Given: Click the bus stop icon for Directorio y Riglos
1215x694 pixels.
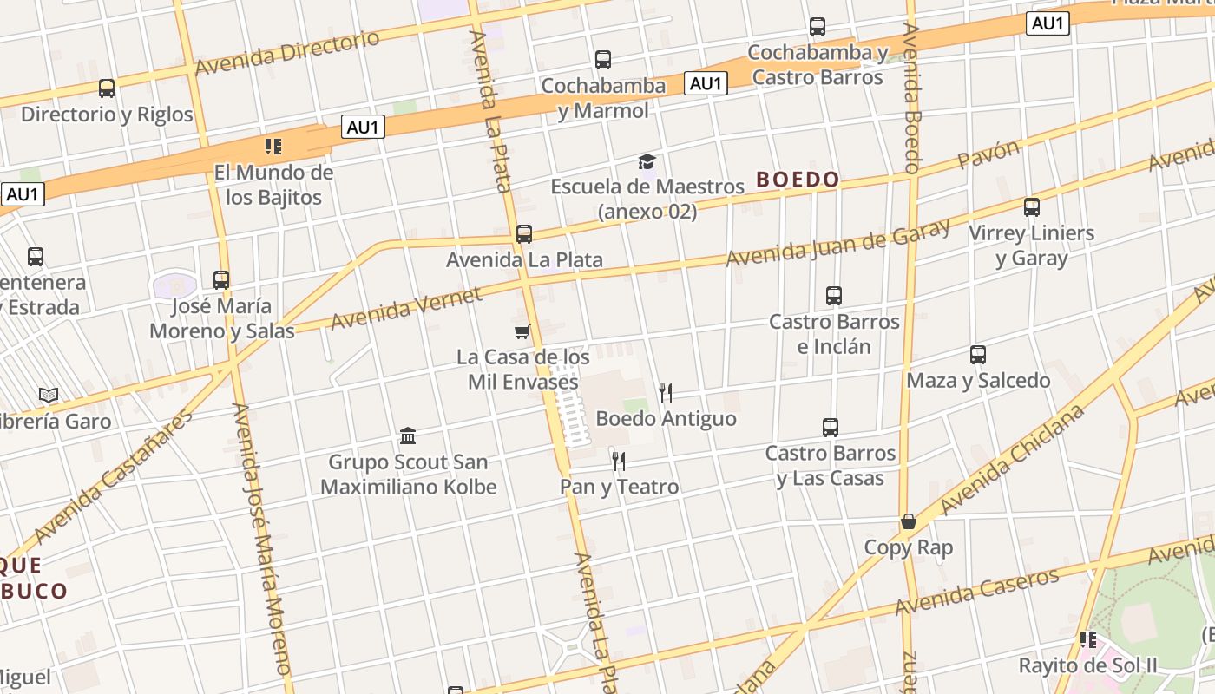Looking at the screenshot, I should [107, 88].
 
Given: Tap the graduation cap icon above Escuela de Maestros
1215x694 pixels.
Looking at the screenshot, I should [647, 161].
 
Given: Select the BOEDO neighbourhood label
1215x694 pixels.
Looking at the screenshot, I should [798, 180].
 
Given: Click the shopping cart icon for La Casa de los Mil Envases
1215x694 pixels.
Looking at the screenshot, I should [522, 331].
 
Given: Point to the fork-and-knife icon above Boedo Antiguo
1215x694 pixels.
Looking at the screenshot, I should [666, 393].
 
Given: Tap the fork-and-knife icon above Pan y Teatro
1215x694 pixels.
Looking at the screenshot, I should [618, 461].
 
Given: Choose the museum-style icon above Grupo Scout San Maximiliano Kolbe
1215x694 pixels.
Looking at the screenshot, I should [408, 435].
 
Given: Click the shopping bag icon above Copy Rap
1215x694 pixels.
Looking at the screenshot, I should [909, 521].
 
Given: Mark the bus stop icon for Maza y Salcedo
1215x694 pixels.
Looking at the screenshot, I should [978, 355].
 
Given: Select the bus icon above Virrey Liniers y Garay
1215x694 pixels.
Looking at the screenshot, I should [1031, 207].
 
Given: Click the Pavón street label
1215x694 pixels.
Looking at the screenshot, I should [988, 154].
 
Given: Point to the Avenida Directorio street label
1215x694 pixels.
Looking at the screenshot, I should [287, 53].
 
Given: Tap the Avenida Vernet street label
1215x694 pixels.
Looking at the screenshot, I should [406, 309].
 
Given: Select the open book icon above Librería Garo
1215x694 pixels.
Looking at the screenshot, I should [49, 396].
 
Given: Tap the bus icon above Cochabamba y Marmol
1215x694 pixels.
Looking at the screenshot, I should [603, 60].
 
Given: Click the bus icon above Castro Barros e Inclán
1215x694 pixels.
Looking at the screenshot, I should [834, 296].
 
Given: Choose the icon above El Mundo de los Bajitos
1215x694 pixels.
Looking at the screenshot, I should [273, 146].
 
